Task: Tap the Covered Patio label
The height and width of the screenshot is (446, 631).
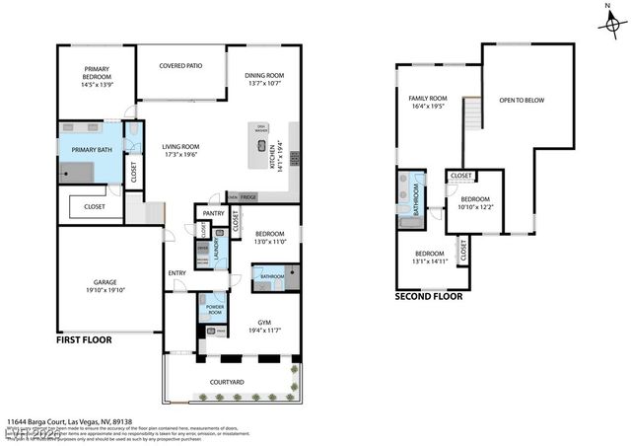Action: coord(180,66)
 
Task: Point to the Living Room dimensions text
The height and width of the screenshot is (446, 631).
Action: coord(180,155)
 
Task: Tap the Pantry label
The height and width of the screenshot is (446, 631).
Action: coord(213,213)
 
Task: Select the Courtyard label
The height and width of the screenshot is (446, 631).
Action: coord(227,381)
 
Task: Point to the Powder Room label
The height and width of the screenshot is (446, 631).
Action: coord(213,309)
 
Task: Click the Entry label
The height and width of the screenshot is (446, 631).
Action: coord(177,273)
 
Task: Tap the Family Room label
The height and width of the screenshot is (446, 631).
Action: coord(428,99)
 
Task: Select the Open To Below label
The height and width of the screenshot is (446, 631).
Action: coord(521,100)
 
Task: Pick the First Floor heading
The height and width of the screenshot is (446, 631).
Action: coord(83,339)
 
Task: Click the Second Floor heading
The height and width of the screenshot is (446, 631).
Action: coord(429,296)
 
